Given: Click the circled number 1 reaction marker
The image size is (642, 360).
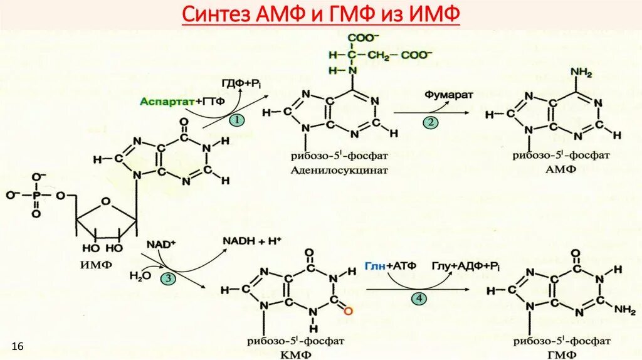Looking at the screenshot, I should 236,119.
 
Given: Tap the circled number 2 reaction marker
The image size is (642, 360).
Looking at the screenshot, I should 430,122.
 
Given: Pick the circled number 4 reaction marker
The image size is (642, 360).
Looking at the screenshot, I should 418,299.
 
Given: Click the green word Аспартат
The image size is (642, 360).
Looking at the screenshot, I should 159,102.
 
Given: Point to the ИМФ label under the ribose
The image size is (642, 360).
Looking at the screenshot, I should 97,264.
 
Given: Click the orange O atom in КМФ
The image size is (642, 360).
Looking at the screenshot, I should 348,309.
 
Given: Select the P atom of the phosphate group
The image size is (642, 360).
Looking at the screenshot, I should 36,196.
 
